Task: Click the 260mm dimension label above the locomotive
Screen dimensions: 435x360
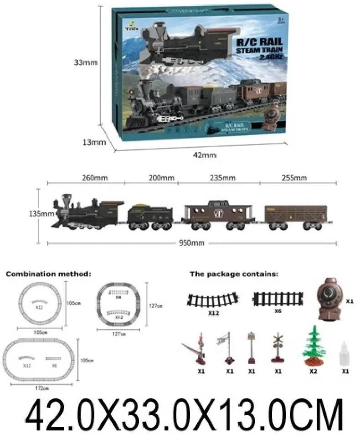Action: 95,178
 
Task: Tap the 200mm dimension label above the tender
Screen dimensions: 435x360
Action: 162,178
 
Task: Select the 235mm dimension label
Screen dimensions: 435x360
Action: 222,178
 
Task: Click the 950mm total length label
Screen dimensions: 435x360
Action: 191,243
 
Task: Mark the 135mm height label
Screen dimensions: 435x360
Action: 41,213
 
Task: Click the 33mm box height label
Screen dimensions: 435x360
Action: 85,62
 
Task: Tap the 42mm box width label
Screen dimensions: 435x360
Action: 205,155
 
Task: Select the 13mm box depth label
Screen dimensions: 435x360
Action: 94,142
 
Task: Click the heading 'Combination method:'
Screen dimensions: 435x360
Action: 48,274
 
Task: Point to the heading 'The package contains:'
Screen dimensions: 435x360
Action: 234,274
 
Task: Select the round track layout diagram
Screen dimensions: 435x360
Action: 41,302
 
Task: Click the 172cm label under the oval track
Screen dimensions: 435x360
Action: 41,388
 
